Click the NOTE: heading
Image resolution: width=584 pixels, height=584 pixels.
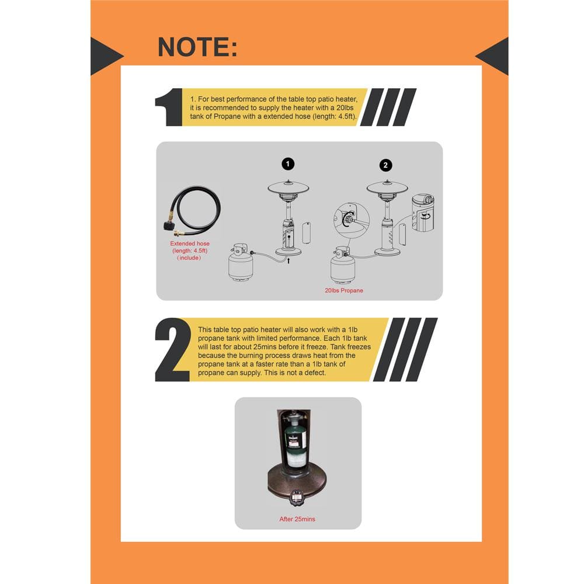click(x=197, y=47)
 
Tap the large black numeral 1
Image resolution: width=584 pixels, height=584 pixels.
click(x=169, y=107)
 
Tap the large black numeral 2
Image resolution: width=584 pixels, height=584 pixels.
click(x=173, y=349)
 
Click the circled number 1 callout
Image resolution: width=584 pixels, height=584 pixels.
click(x=288, y=164)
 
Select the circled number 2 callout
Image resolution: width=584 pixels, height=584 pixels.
click(x=385, y=165)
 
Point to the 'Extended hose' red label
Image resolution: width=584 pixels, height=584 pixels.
click(x=190, y=244)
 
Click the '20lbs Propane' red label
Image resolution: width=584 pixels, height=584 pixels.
click(x=344, y=290)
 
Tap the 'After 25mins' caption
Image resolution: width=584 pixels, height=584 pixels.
click(x=297, y=519)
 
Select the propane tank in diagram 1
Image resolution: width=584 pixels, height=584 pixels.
click(x=241, y=263)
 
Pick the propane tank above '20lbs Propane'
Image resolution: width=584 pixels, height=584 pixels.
click(x=343, y=265)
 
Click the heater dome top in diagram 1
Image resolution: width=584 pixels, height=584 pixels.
click(x=288, y=187)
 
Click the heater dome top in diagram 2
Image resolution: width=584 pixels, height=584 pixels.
click(x=387, y=187)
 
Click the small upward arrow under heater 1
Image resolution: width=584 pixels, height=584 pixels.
click(x=288, y=260)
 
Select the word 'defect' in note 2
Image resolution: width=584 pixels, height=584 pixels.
click(x=314, y=373)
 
